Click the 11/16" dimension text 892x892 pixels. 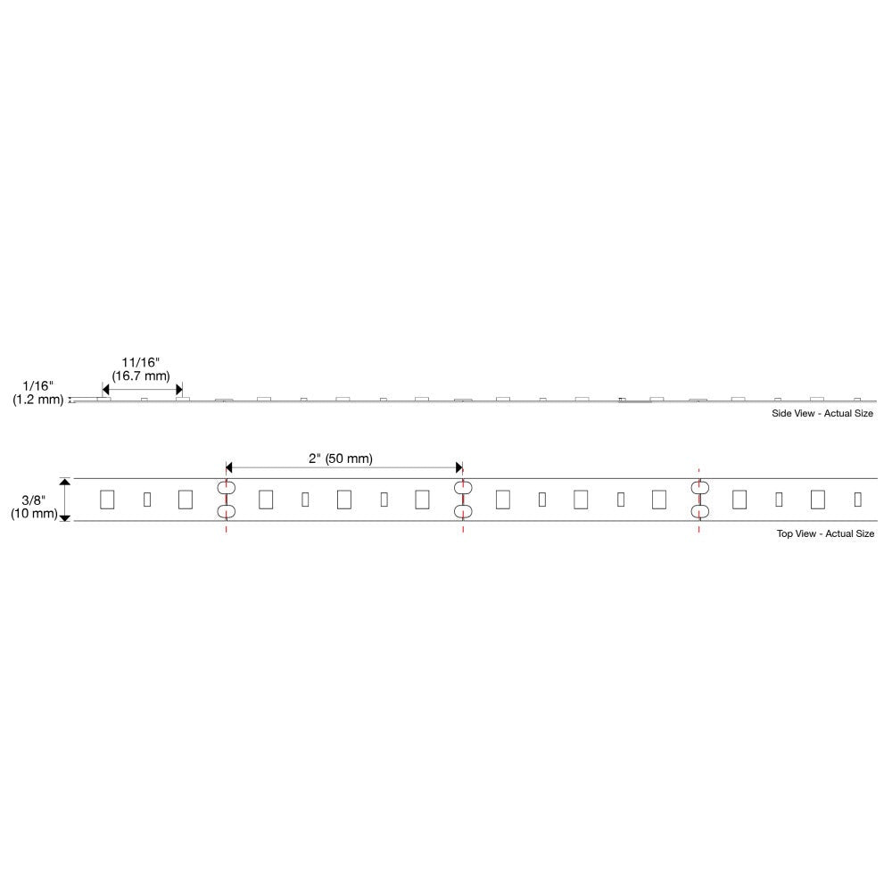click(x=141, y=362)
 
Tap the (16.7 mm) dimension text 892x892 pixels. click(x=141, y=376)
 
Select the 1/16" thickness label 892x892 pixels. click(x=38, y=386)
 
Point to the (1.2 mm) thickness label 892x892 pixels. click(x=38, y=400)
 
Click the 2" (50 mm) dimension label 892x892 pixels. click(x=341, y=458)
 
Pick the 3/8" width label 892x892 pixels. click(x=34, y=500)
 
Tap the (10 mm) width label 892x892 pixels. click(x=34, y=514)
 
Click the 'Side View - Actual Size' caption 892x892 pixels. click(x=822, y=414)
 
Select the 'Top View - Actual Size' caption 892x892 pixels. click(x=825, y=533)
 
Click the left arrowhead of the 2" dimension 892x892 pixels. click(x=229, y=467)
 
